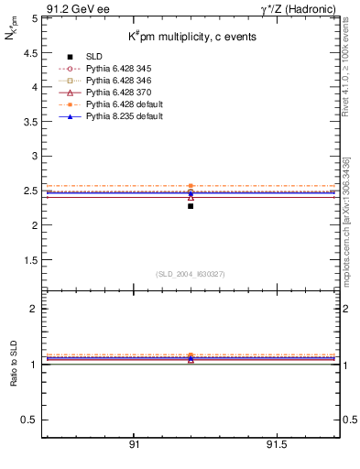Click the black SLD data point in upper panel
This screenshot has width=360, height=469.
[x=191, y=206]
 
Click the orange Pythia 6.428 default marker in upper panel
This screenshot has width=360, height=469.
[x=191, y=186]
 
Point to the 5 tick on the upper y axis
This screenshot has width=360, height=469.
[x=33, y=17]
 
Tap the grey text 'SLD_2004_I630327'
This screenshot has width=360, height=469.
[x=190, y=274]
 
